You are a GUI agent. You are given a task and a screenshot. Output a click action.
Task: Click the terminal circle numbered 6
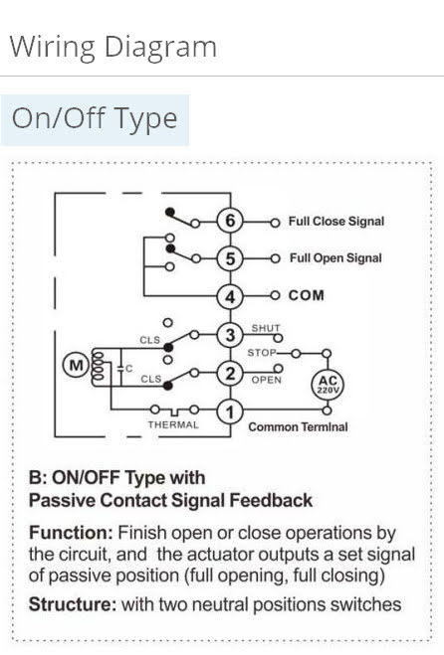point(230,221)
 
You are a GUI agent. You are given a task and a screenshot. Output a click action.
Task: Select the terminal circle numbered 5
point(230,258)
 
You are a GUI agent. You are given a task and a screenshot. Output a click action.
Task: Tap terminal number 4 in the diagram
point(230,296)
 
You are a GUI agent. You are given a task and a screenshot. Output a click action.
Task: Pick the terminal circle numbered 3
point(230,335)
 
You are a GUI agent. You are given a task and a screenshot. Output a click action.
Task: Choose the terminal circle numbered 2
point(230,374)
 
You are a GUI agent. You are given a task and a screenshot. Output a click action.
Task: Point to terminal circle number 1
point(230,411)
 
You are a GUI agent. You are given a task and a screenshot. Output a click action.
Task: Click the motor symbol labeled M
point(76,366)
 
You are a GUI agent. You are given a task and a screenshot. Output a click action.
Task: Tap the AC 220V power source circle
point(328,384)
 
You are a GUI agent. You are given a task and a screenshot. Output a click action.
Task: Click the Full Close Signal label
point(336,221)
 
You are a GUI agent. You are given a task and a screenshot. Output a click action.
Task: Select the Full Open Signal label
point(335,258)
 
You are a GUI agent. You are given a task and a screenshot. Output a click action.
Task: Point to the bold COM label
point(307,295)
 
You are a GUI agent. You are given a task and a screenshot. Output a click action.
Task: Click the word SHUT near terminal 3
point(266,328)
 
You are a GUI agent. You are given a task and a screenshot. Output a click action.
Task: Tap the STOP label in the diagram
point(262,353)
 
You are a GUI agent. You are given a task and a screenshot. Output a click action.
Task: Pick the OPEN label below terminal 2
point(266,380)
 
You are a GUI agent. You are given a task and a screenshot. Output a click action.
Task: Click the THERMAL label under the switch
point(173,424)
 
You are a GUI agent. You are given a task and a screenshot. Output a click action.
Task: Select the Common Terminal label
point(298,427)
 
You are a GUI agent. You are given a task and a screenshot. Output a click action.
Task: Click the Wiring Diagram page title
point(112,47)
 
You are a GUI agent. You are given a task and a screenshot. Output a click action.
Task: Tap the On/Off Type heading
point(95,119)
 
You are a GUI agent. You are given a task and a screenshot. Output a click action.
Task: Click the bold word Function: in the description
point(71,533)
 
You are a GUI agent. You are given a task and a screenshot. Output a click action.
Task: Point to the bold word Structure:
point(73,604)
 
